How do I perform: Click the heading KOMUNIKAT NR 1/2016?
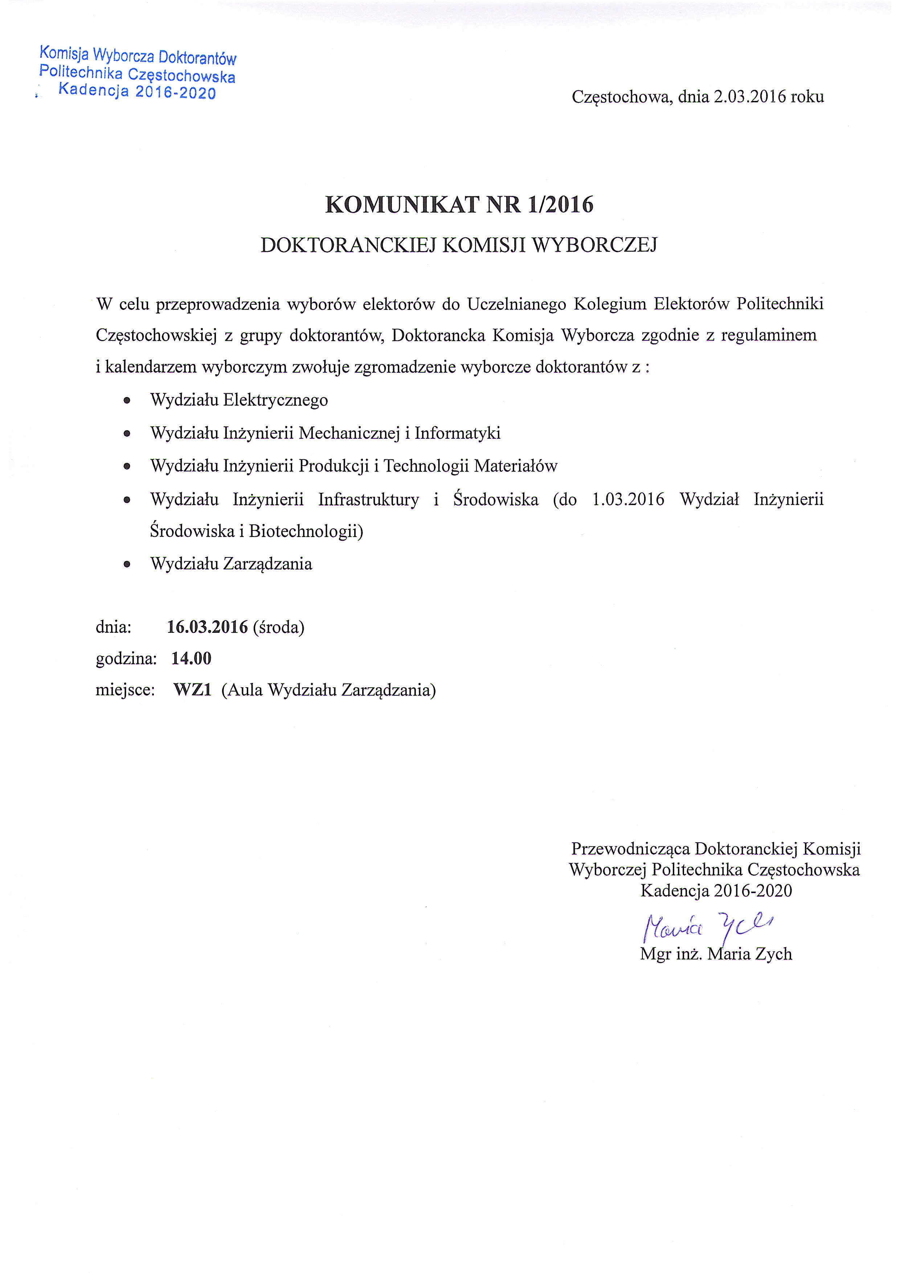[x=459, y=205]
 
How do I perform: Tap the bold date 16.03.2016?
[x=207, y=627]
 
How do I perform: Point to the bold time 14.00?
[x=191, y=659]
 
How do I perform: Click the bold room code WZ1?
[x=192, y=690]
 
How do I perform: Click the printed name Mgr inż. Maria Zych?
[x=716, y=954]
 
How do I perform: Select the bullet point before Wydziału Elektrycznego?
[x=127, y=400]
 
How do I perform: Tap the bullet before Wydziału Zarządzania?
[x=127, y=564]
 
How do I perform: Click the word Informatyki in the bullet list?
[x=458, y=433]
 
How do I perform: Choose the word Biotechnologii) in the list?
[x=306, y=531]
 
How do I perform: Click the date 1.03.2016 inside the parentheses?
[x=628, y=500]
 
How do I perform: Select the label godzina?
[x=126, y=659]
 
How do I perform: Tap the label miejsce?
[x=125, y=690]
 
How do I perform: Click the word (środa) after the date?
[x=278, y=627]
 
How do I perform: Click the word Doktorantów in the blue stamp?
[x=197, y=58]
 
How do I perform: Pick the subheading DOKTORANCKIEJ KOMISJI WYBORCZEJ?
[x=459, y=245]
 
